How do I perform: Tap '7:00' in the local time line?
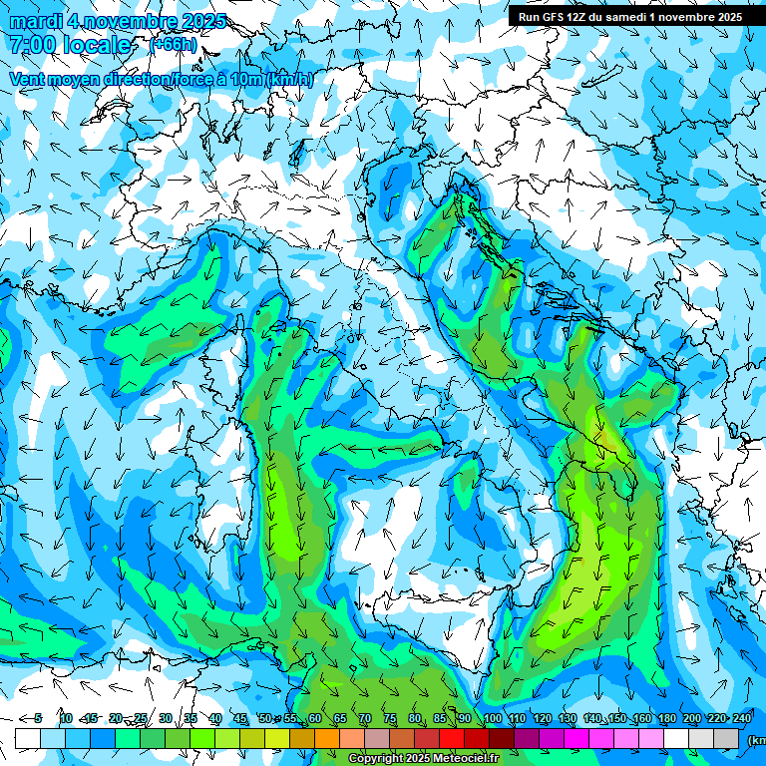[x=33, y=45]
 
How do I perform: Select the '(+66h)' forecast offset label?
[x=173, y=45]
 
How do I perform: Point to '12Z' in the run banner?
[x=587, y=17]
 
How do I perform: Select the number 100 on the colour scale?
[x=492, y=718]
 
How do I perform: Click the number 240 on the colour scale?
[x=741, y=718]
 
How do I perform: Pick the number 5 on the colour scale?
[x=38, y=718]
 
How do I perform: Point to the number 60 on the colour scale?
[x=314, y=718]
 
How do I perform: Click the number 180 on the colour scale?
[x=666, y=718]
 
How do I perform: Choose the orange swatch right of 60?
[x=327, y=738]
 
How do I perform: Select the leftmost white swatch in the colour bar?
[x=28, y=738]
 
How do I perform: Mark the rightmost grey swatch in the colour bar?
[x=726, y=738]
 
